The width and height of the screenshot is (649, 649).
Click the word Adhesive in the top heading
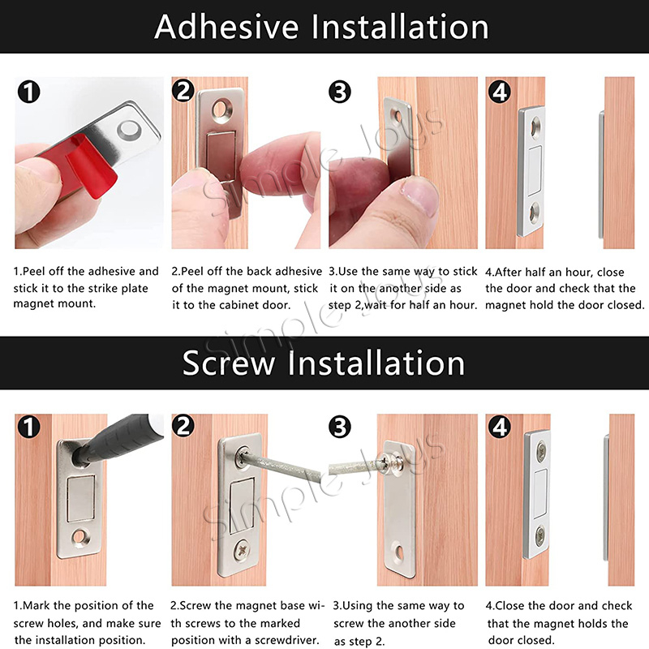click(x=226, y=27)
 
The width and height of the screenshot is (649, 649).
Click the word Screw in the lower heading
click(x=229, y=363)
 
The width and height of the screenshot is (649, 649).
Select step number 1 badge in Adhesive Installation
click(x=28, y=92)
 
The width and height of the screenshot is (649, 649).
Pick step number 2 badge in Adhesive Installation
click(x=183, y=91)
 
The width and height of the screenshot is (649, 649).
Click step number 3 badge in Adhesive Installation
click(x=340, y=92)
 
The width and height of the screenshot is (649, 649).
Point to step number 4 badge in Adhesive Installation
click(x=500, y=92)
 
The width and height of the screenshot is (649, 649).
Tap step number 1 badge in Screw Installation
click(x=28, y=427)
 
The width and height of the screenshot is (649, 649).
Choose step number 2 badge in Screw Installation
click(x=183, y=426)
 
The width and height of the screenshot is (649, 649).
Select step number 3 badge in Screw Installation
click(x=340, y=427)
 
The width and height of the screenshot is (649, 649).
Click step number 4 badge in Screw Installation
click(x=500, y=427)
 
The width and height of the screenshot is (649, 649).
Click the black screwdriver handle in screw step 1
click(x=120, y=439)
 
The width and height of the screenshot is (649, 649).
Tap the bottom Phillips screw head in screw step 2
click(x=241, y=552)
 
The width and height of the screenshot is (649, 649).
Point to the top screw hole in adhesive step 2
click(x=222, y=110)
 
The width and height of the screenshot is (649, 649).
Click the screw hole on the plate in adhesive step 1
click(x=129, y=130)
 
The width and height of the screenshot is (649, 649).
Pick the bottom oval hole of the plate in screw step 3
click(x=399, y=552)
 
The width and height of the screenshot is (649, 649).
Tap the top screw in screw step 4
click(x=541, y=452)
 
